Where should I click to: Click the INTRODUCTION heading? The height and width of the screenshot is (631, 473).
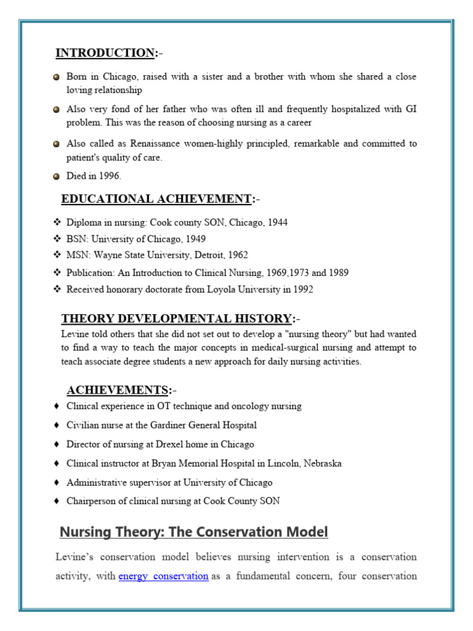[x=105, y=53]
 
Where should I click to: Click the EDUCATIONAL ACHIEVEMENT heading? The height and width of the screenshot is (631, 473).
[x=156, y=199]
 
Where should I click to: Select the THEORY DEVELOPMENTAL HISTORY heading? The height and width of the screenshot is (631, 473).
[x=176, y=319]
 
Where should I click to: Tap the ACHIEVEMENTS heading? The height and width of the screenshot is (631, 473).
[x=117, y=390]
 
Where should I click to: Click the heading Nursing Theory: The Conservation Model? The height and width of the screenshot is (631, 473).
[x=193, y=532]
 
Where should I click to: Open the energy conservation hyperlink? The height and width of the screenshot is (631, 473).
[x=163, y=576]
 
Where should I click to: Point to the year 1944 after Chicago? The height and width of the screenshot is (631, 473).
[x=277, y=222]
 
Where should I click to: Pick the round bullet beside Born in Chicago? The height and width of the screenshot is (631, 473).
[x=56, y=78]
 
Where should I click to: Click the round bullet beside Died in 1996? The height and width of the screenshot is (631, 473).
[x=56, y=176]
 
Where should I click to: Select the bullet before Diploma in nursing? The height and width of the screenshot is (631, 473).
[x=57, y=222]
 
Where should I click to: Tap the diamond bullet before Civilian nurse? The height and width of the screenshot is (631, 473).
[x=57, y=425]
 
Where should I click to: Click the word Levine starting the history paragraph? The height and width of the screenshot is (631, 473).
[x=75, y=334]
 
